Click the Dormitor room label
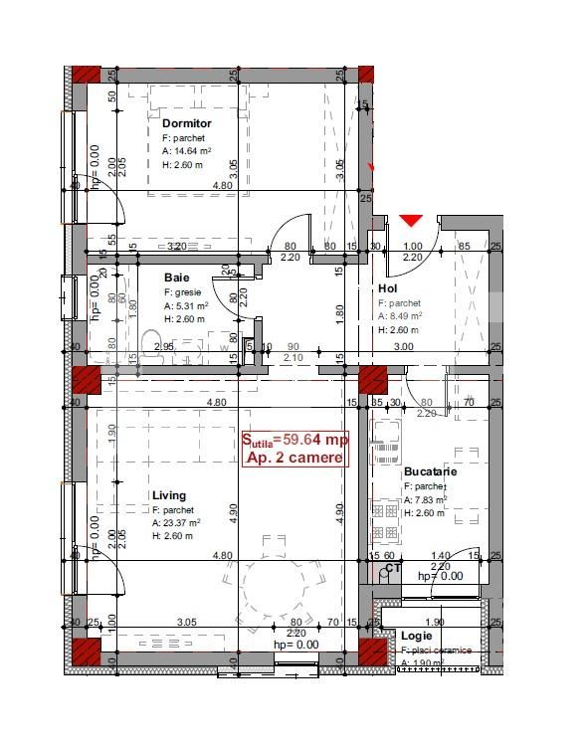click(187, 123)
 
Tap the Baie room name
click(176, 278)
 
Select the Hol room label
click(388, 289)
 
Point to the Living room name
click(169, 495)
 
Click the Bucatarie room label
click(431, 471)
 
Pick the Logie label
click(417, 635)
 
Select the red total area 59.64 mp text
click(294, 439)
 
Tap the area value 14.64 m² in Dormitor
click(187, 152)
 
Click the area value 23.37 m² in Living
click(177, 522)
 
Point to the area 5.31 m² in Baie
click(185, 306)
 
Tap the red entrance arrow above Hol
click(410, 220)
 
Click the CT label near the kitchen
click(393, 569)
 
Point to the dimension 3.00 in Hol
click(404, 346)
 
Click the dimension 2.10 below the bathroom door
click(293, 357)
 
